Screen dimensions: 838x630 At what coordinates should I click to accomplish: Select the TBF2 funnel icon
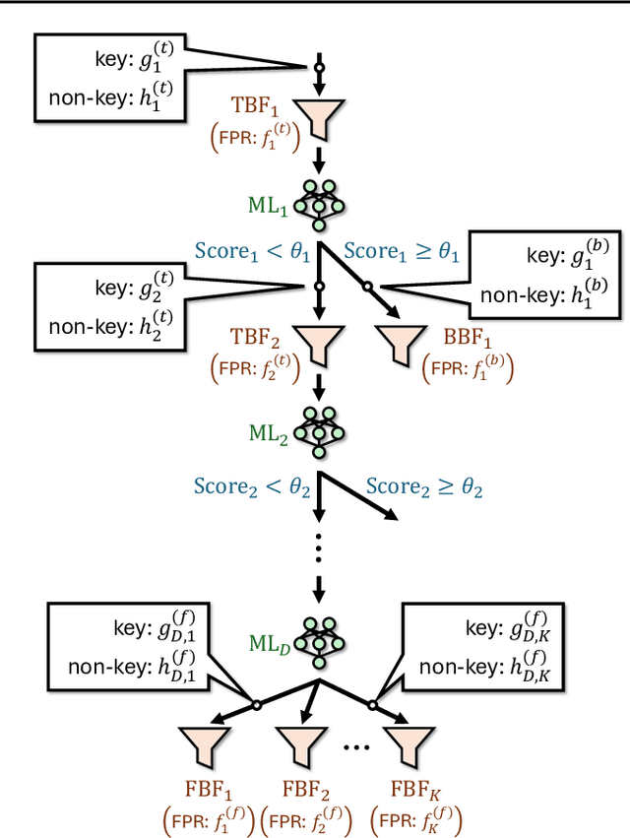[318, 344]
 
